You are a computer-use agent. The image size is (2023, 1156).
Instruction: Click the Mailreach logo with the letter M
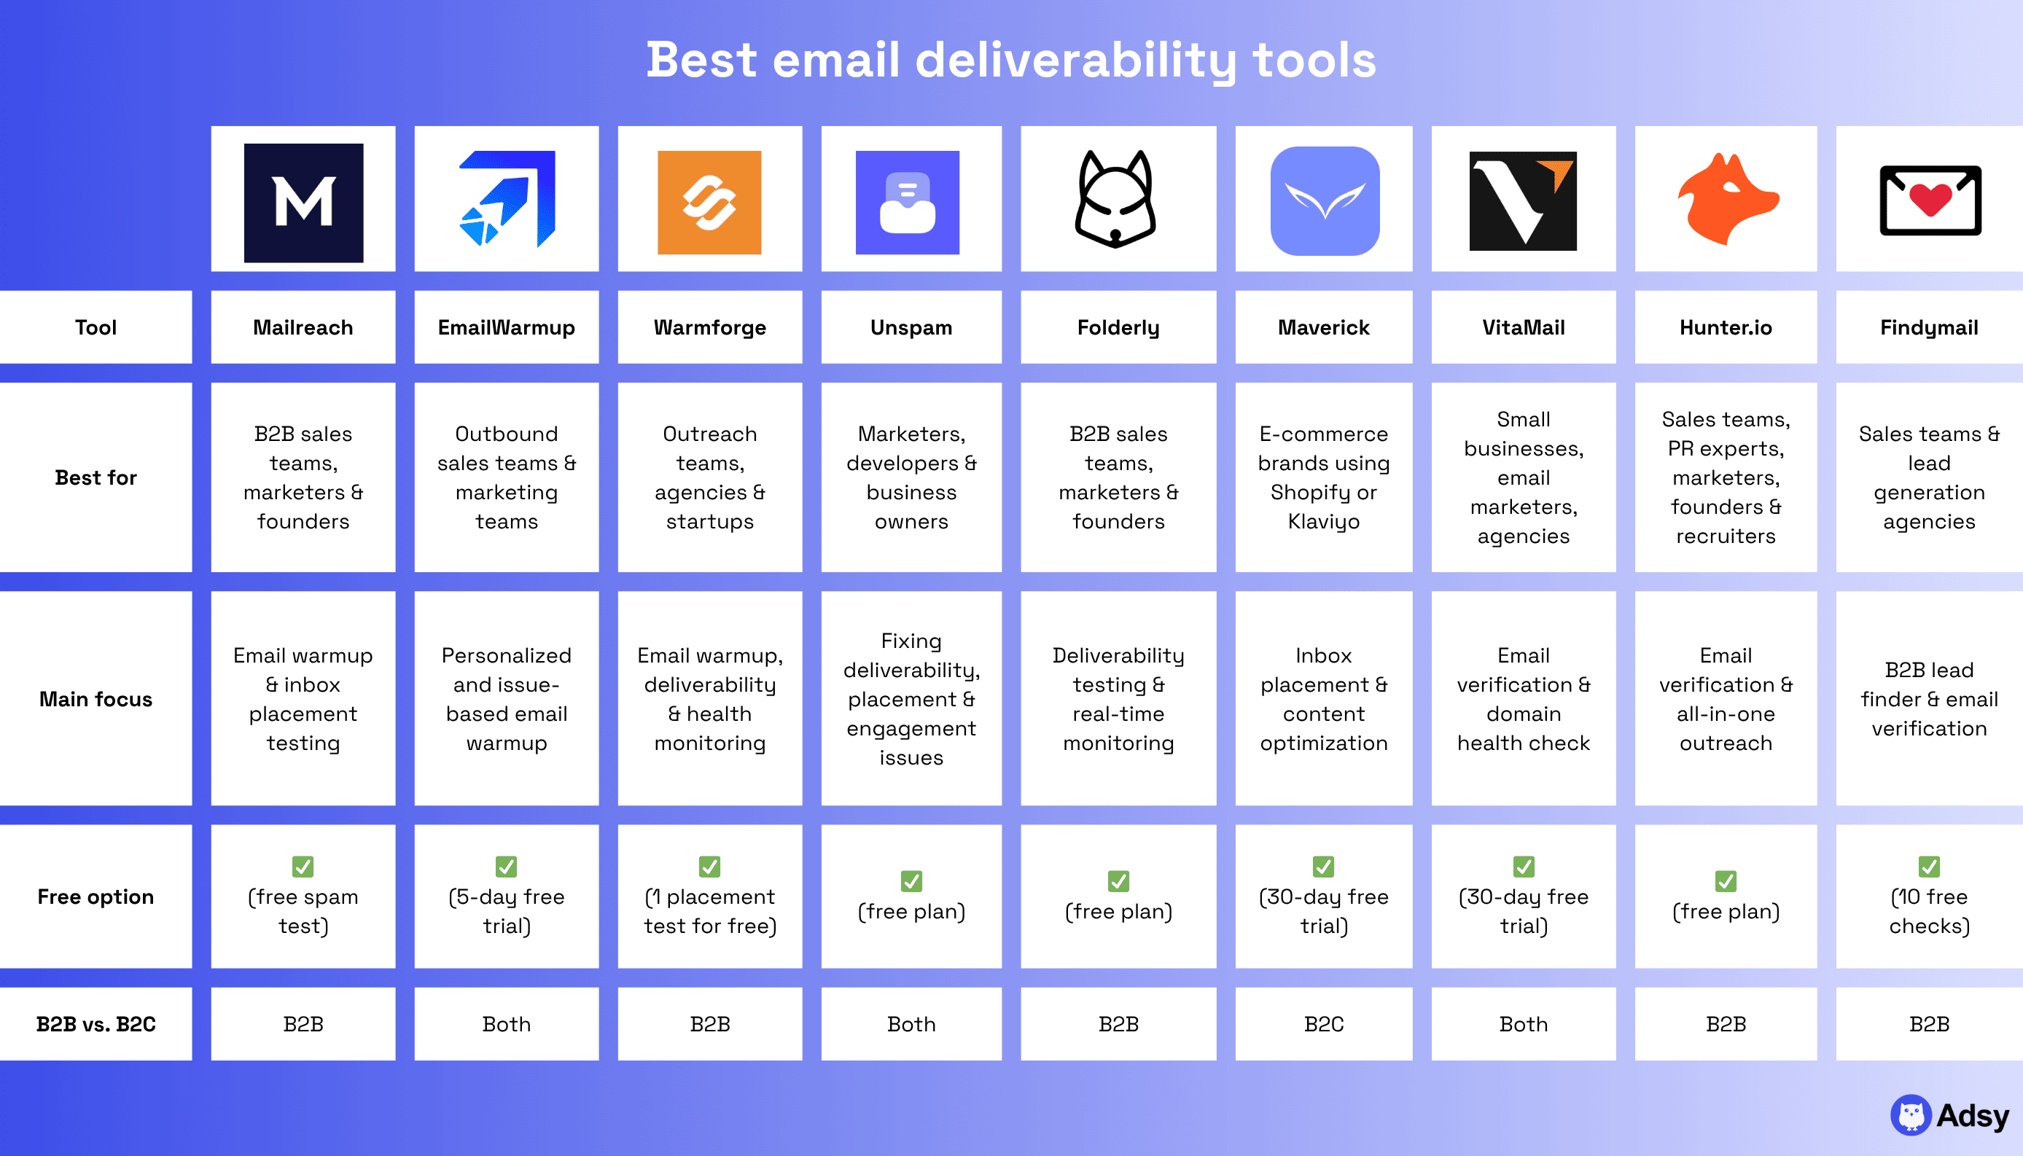click(x=303, y=203)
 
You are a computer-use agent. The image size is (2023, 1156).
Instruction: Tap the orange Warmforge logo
click(x=709, y=203)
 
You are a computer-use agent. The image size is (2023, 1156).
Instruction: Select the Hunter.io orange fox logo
click(x=1726, y=200)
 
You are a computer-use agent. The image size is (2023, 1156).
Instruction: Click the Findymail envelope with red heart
click(x=1930, y=200)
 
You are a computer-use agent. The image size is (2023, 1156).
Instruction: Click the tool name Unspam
click(x=911, y=327)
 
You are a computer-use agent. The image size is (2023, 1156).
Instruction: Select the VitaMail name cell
click(x=1523, y=327)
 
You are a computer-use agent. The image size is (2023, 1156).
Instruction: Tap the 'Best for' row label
click(x=96, y=477)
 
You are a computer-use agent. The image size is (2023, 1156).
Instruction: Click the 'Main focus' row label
click(x=96, y=699)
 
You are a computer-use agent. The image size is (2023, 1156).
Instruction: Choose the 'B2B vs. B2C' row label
click(x=96, y=1024)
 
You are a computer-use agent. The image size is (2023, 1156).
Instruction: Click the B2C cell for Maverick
click(x=1324, y=1024)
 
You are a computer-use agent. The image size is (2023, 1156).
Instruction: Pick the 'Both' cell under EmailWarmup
click(x=507, y=1024)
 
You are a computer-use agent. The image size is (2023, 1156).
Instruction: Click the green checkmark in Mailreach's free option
click(x=303, y=866)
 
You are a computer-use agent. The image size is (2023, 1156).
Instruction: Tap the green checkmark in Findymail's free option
click(x=1929, y=866)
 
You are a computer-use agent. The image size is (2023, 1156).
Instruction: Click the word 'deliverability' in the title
click(x=1076, y=60)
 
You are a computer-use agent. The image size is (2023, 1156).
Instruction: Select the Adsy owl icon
click(x=1910, y=1115)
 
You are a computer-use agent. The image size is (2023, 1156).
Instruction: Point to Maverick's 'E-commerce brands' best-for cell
click(x=1324, y=477)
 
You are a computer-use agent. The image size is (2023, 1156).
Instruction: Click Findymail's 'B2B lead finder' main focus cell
click(x=1929, y=699)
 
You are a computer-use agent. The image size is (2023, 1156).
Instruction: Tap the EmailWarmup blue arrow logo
click(x=508, y=198)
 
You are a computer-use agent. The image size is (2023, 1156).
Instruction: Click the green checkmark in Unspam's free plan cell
click(x=911, y=881)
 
